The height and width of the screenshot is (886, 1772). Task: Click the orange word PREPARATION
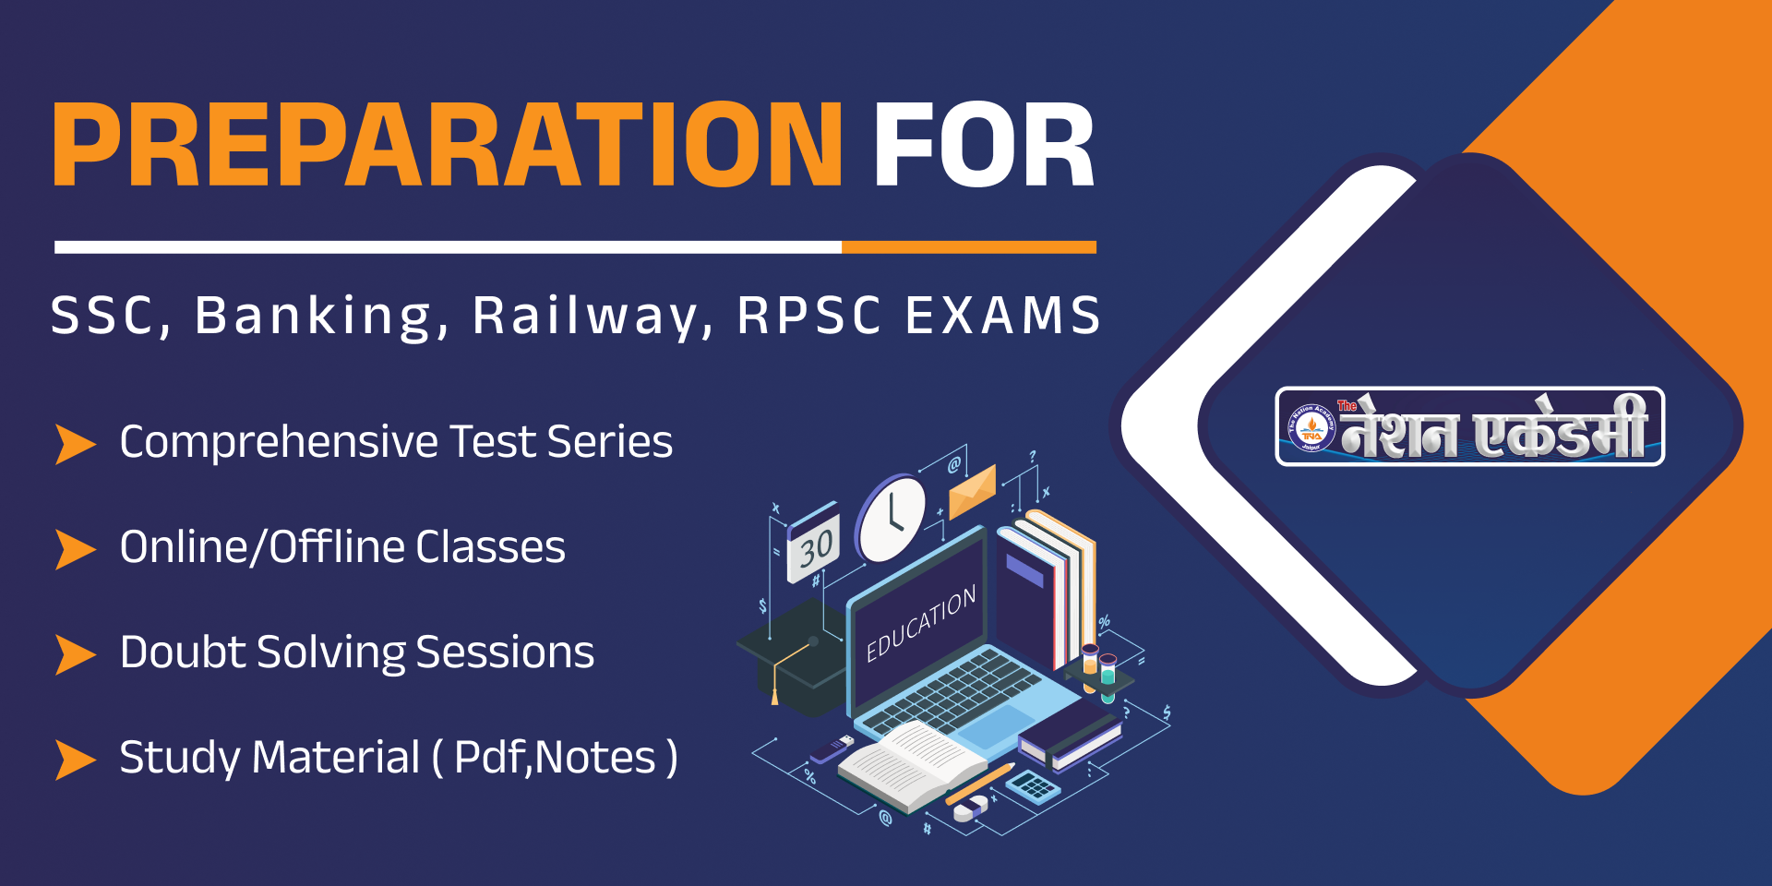click(x=448, y=145)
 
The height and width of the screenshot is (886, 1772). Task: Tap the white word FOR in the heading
click(x=984, y=145)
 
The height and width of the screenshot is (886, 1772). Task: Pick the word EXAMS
click(x=1003, y=316)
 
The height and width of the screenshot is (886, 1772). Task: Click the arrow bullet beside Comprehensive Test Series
click(x=76, y=444)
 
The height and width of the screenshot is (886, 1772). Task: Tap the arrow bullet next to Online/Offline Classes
click(x=76, y=549)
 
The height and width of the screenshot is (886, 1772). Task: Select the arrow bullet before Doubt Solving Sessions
click(x=76, y=654)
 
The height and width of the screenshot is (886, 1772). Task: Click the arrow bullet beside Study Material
click(x=76, y=760)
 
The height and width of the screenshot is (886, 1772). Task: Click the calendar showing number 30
click(x=813, y=544)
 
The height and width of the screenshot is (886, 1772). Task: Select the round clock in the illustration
click(x=891, y=518)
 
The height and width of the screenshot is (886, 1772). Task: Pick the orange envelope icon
click(x=973, y=491)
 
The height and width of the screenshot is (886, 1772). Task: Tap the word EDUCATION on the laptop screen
click(x=920, y=624)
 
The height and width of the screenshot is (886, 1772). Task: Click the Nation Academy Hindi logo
click(x=1469, y=426)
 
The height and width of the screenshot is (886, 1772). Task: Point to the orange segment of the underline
click(x=969, y=247)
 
